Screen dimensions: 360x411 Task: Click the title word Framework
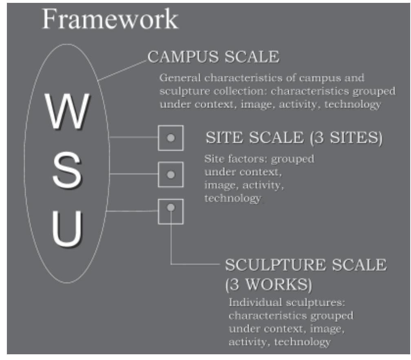pos(110,19)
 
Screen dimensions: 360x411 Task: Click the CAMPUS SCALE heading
pos(213,57)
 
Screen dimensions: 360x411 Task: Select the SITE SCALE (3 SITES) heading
pos(294,138)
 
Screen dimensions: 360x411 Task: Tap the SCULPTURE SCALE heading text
pos(305,265)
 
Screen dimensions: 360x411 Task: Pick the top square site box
pos(170,138)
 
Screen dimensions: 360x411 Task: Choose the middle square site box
pos(170,175)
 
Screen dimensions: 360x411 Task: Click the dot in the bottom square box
pos(171,207)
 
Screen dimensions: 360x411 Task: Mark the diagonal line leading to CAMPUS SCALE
pos(122,70)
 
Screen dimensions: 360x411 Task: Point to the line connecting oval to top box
pos(134,138)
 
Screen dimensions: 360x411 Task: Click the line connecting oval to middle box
pos(134,174)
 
